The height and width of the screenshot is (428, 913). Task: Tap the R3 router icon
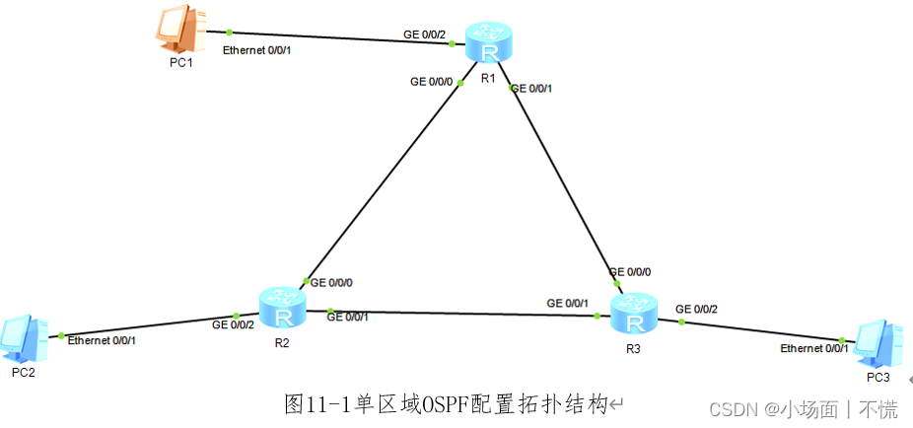pyautogui.click(x=633, y=315)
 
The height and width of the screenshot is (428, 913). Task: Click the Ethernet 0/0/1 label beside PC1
pyautogui.click(x=256, y=48)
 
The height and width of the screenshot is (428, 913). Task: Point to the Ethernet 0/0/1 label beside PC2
pyautogui.click(x=102, y=340)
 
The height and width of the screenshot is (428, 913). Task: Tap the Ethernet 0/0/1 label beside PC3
pyautogui.click(x=813, y=349)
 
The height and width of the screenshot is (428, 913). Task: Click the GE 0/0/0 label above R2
pyautogui.click(x=333, y=282)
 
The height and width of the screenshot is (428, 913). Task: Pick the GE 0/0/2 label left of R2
pyautogui.click(x=234, y=323)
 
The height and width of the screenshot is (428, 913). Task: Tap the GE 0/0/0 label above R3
pyautogui.click(x=630, y=272)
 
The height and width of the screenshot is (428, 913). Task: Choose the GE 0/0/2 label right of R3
pyautogui.click(x=697, y=310)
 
